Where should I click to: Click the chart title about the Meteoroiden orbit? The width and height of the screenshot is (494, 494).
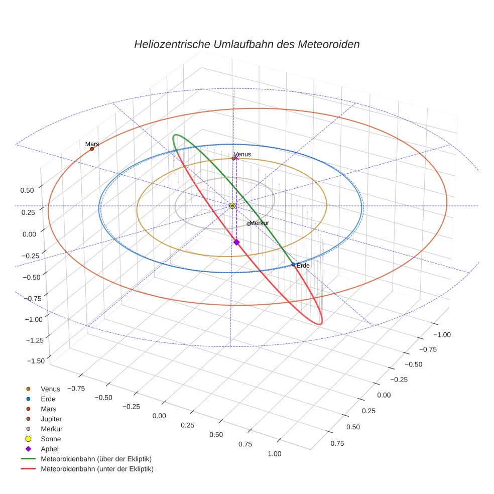pyautogui.click(x=246, y=44)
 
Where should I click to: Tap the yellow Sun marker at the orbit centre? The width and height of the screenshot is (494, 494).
pyautogui.click(x=232, y=206)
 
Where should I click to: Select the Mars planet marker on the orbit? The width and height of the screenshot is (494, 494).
pyautogui.click(x=92, y=149)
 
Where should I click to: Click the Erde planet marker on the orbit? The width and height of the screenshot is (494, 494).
pyautogui.click(x=293, y=264)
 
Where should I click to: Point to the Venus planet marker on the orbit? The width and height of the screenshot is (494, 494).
pyautogui.click(x=233, y=159)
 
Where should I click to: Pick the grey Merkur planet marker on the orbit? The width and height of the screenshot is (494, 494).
pyautogui.click(x=249, y=224)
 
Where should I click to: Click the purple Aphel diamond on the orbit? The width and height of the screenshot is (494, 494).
pyautogui.click(x=236, y=242)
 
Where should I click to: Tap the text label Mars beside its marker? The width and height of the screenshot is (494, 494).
pyautogui.click(x=92, y=144)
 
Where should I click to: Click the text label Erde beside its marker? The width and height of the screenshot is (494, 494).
pyautogui.click(x=303, y=265)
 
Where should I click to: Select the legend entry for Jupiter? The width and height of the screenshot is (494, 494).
pyautogui.click(x=51, y=419)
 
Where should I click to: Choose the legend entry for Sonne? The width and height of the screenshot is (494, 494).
pyautogui.click(x=51, y=439)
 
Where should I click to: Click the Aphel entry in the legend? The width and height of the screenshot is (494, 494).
pyautogui.click(x=50, y=449)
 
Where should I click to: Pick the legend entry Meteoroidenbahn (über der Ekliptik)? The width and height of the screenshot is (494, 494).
pyautogui.click(x=96, y=459)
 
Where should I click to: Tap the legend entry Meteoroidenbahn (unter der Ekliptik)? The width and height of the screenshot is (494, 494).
pyautogui.click(x=97, y=469)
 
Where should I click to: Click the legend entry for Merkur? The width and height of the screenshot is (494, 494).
pyautogui.click(x=51, y=429)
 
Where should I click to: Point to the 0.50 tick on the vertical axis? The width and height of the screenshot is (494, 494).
pyautogui.click(x=27, y=190)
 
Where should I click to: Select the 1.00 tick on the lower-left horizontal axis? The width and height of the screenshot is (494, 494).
pyautogui.click(x=274, y=453)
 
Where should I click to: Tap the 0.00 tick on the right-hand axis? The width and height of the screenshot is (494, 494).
pyautogui.click(x=384, y=395)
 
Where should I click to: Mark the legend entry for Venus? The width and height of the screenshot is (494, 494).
pyautogui.click(x=50, y=389)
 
